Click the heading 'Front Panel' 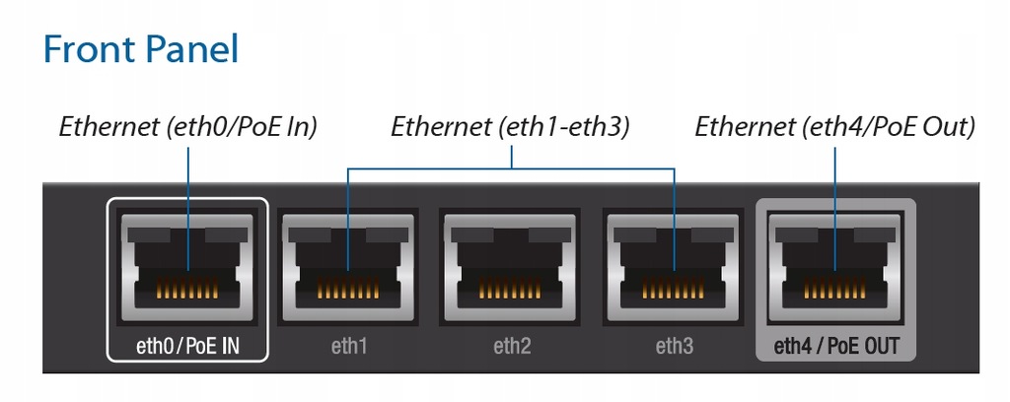(x=140, y=49)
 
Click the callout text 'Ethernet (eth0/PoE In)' (x=188, y=127)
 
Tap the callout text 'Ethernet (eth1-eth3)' (x=510, y=127)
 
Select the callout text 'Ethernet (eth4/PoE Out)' (x=834, y=127)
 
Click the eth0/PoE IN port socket (x=187, y=267)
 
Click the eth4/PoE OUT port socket (x=835, y=268)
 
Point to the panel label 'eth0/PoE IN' (x=187, y=346)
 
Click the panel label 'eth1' (x=348, y=347)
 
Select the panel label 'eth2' (x=512, y=347)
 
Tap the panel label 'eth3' (x=675, y=347)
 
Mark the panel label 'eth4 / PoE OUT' (x=835, y=346)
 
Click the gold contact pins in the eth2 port (x=510, y=290)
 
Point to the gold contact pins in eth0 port (x=187, y=290)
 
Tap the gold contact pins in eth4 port (x=835, y=290)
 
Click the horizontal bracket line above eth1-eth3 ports (x=511, y=169)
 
